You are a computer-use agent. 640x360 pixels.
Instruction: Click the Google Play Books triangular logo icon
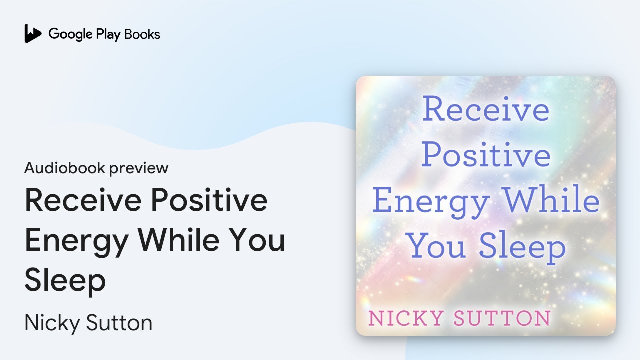[x=33, y=34]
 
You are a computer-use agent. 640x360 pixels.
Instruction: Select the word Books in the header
[x=142, y=34]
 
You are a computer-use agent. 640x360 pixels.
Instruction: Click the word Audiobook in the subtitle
[x=64, y=168]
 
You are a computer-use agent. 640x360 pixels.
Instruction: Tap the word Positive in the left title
[x=210, y=201]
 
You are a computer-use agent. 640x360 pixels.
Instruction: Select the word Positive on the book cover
[x=485, y=155]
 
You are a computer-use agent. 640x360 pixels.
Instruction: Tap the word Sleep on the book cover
[x=522, y=247]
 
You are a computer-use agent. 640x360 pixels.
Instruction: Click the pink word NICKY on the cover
[x=405, y=318]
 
